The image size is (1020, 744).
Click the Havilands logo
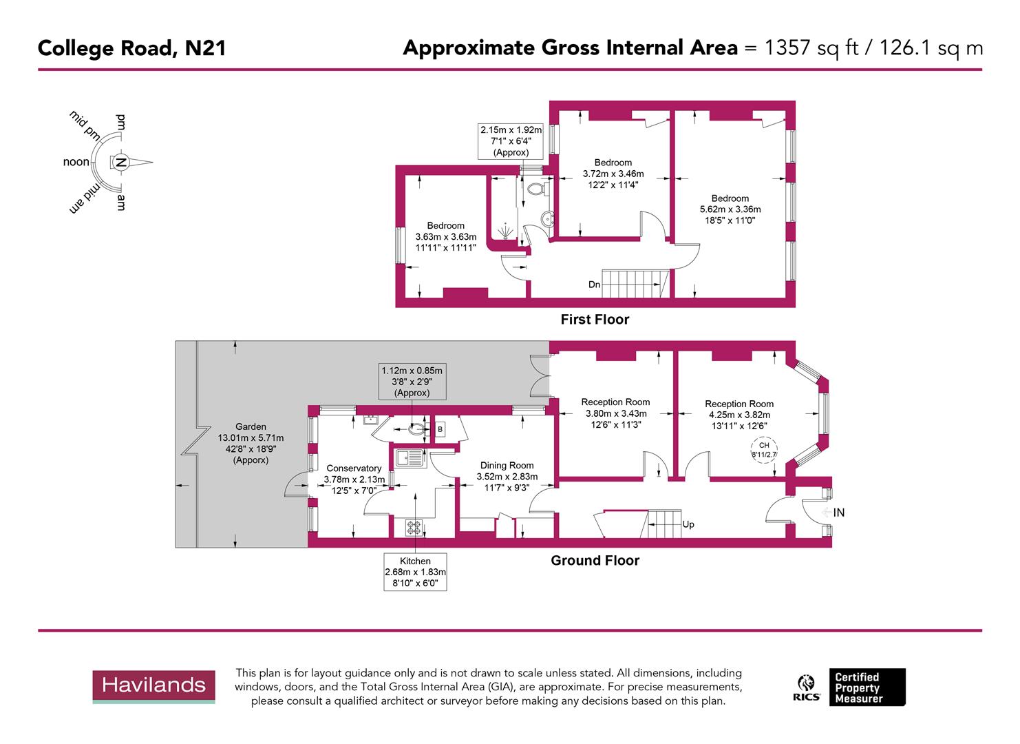click(153, 685)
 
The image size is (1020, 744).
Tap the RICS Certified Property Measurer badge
click(851, 687)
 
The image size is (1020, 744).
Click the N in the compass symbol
click(120, 163)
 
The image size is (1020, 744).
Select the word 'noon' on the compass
click(76, 163)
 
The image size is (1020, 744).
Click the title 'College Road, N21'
click(131, 48)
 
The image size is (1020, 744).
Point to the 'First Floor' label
click(595, 320)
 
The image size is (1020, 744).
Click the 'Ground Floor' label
click(595, 561)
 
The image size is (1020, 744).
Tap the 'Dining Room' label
click(507, 466)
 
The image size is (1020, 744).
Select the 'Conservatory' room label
click(354, 468)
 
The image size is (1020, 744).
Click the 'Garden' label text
click(251, 427)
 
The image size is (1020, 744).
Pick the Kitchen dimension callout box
click(415, 572)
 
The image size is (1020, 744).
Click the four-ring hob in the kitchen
click(414, 527)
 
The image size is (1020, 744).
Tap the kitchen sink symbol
click(408, 457)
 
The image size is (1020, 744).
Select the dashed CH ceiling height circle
click(764, 450)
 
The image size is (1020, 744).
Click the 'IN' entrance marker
click(838, 513)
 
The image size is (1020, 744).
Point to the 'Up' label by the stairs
click(688, 524)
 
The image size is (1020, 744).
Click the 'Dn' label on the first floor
click(594, 285)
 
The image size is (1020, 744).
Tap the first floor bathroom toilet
click(535, 187)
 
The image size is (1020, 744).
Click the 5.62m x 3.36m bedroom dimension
click(730, 209)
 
